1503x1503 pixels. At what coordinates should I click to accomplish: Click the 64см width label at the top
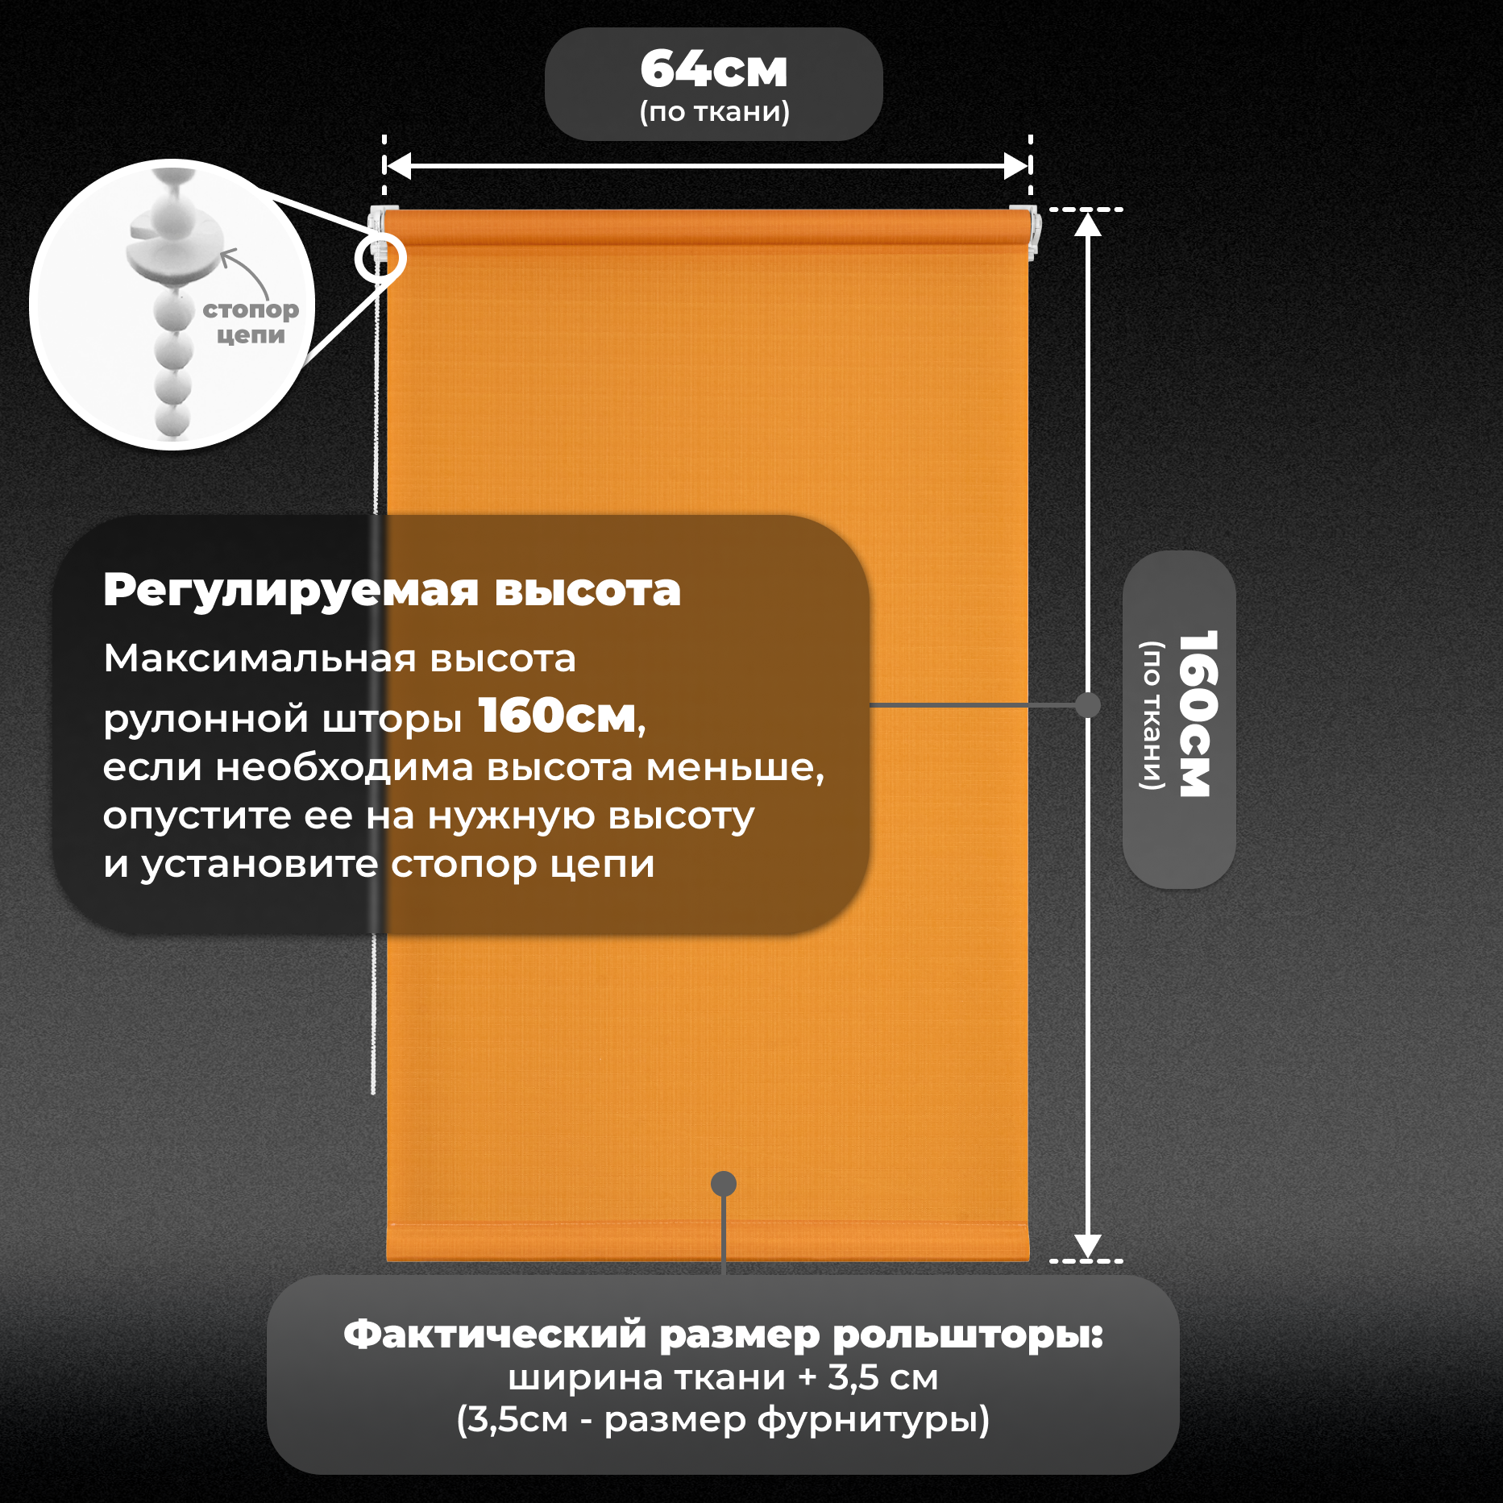pyautogui.click(x=714, y=69)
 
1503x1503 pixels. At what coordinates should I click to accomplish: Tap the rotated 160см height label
pyautogui.click(x=1198, y=714)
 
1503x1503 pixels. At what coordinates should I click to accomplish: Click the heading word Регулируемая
pyautogui.click(x=291, y=591)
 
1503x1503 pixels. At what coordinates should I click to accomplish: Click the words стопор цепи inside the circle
pyautogui.click(x=251, y=322)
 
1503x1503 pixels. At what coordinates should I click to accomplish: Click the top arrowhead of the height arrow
pyautogui.click(x=1088, y=225)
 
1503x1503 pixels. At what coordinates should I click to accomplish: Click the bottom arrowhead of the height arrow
pyautogui.click(x=1088, y=1245)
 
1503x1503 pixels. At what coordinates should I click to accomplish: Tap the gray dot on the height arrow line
pyautogui.click(x=1088, y=705)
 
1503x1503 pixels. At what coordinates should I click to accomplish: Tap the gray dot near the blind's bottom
pyautogui.click(x=724, y=1183)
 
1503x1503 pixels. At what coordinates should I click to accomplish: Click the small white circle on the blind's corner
pyautogui.click(x=380, y=258)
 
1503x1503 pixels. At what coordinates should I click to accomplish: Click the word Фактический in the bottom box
pyautogui.click(x=495, y=1335)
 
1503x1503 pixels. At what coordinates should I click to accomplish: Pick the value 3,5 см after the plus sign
pyautogui.click(x=882, y=1378)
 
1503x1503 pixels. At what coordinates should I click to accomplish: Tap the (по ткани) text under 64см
pyautogui.click(x=714, y=111)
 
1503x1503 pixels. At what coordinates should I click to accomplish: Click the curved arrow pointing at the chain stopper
pyautogui.click(x=245, y=271)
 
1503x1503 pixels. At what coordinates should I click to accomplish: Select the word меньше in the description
pyautogui.click(x=731, y=767)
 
